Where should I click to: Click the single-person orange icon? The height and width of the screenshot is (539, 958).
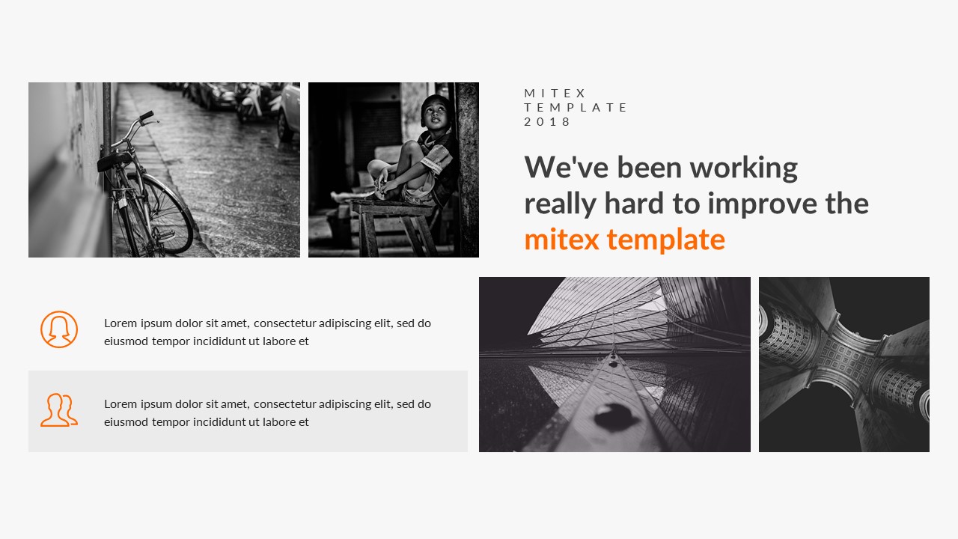(x=59, y=329)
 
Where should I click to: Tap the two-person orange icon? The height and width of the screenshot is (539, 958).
(x=58, y=410)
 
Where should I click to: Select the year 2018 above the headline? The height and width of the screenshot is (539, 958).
(x=547, y=121)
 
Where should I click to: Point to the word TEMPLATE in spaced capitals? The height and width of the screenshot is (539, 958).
(x=576, y=107)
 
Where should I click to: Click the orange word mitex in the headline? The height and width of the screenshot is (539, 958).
(x=562, y=240)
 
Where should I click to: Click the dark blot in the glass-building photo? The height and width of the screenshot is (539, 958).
(x=615, y=413)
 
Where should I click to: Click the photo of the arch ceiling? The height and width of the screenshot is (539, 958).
(x=843, y=365)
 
